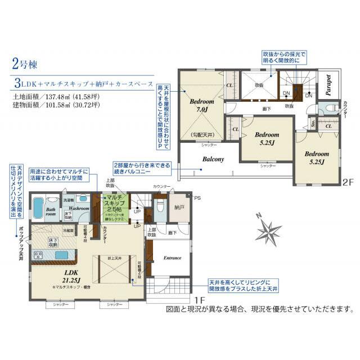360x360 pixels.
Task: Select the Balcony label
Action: tap(213, 159)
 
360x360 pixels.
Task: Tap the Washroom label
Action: tap(79, 208)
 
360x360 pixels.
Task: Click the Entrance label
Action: tap(172, 258)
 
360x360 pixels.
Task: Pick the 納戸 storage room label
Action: tap(179, 208)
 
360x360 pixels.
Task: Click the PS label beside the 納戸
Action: tap(197, 197)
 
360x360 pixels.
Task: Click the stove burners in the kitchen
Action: tap(41, 255)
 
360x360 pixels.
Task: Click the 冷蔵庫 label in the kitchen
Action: tap(69, 230)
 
